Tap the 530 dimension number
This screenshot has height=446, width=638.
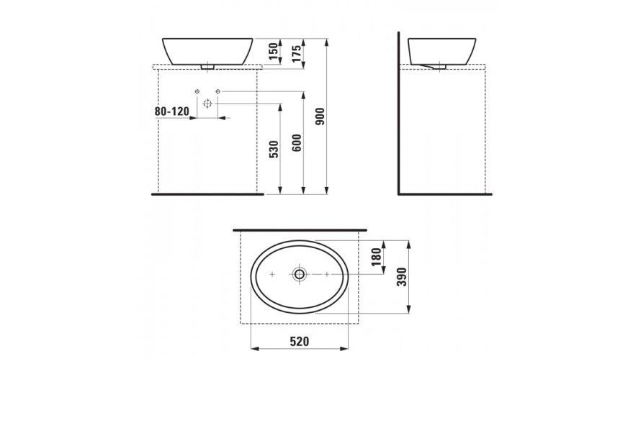click(x=273, y=150)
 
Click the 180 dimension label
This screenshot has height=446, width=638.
click(x=375, y=257)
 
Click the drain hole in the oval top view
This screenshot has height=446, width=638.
click(x=300, y=274)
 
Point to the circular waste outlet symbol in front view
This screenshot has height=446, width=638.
click(x=207, y=104)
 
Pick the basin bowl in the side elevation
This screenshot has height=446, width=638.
click(x=440, y=49)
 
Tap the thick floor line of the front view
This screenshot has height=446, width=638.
click(x=207, y=194)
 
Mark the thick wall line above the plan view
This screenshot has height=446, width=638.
click(x=300, y=229)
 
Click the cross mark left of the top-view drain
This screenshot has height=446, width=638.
click(x=272, y=274)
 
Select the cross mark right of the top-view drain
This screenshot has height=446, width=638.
click(x=327, y=274)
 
